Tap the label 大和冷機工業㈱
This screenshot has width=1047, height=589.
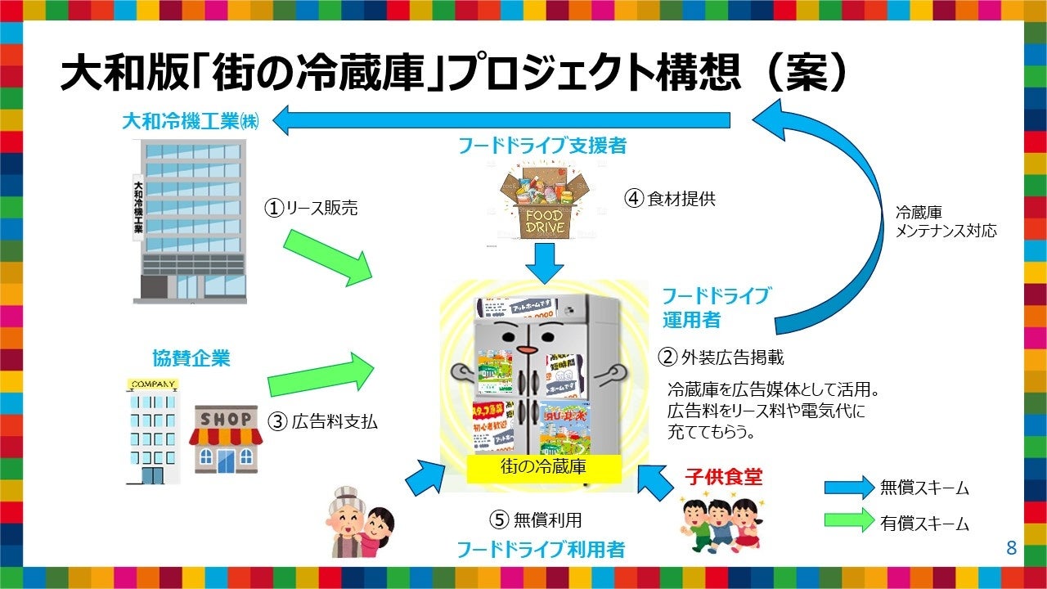coord(190,122)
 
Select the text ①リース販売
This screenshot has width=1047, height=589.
coord(310,209)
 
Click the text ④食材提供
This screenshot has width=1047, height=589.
coord(669,199)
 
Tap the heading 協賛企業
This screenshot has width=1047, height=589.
coord(191,358)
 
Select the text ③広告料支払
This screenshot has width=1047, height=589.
coord(323,422)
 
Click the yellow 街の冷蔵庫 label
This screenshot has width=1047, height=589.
coord(543,468)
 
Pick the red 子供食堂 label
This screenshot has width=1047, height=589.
coord(723,476)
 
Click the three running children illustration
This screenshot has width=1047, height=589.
coord(717,524)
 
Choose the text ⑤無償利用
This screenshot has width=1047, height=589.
coord(536,519)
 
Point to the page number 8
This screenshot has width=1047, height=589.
coord(1011,548)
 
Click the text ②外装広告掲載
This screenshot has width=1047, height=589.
coord(721,357)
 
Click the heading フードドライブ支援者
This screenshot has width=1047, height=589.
coord(543,146)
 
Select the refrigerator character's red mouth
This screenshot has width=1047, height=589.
coord(528,349)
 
